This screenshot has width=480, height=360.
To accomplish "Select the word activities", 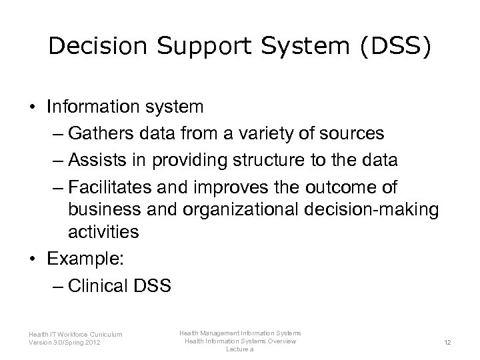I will [103, 231].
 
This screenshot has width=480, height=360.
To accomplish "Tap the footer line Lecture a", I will [240, 349].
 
